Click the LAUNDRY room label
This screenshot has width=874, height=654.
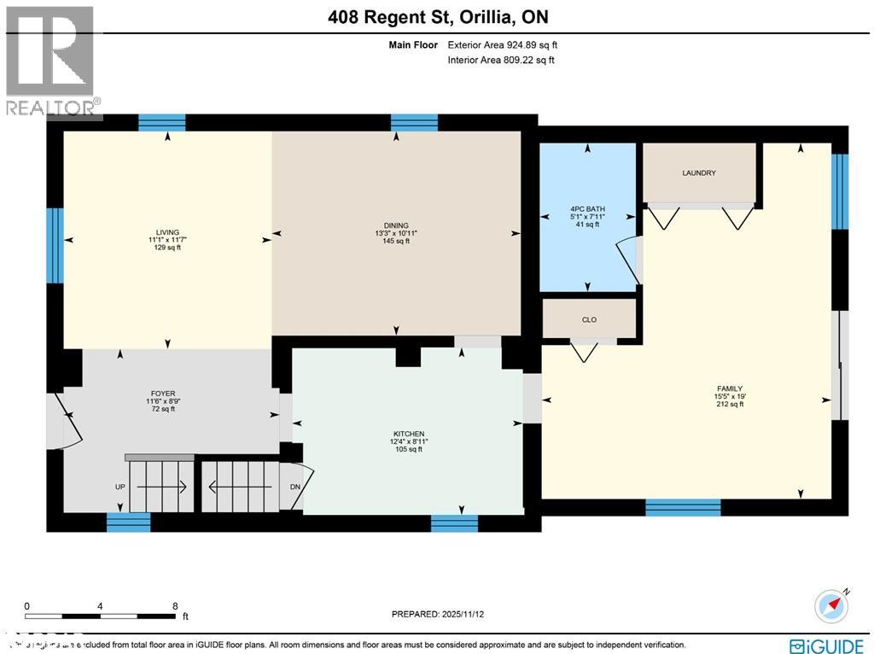point(698,173)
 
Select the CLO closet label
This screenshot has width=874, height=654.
point(589,320)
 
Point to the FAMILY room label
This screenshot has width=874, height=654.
point(730,388)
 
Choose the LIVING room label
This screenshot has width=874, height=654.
point(167,231)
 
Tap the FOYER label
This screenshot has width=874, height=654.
point(162,394)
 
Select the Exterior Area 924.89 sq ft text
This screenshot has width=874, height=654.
point(502,45)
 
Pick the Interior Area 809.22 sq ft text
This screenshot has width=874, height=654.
point(501,61)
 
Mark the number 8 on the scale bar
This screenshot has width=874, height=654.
point(175,605)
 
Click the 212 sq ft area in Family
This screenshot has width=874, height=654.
point(730,405)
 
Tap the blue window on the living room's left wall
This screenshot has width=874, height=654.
point(55,246)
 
